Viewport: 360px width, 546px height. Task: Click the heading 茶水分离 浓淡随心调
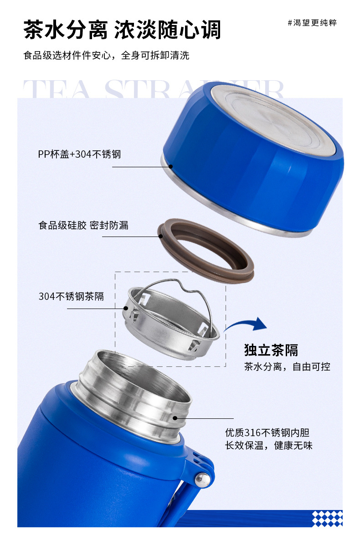click(x=122, y=30)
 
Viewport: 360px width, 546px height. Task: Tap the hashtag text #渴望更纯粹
click(x=312, y=23)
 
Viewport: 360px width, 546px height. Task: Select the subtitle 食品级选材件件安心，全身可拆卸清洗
click(x=106, y=56)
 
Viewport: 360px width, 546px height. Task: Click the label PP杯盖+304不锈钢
click(x=79, y=154)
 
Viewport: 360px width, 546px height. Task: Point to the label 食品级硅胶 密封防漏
click(x=83, y=225)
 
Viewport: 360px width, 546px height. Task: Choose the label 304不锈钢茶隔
click(x=71, y=296)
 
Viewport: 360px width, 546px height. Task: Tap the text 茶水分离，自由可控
click(x=287, y=366)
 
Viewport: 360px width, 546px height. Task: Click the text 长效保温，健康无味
click(x=268, y=446)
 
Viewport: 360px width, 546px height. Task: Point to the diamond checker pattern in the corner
click(x=327, y=518)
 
